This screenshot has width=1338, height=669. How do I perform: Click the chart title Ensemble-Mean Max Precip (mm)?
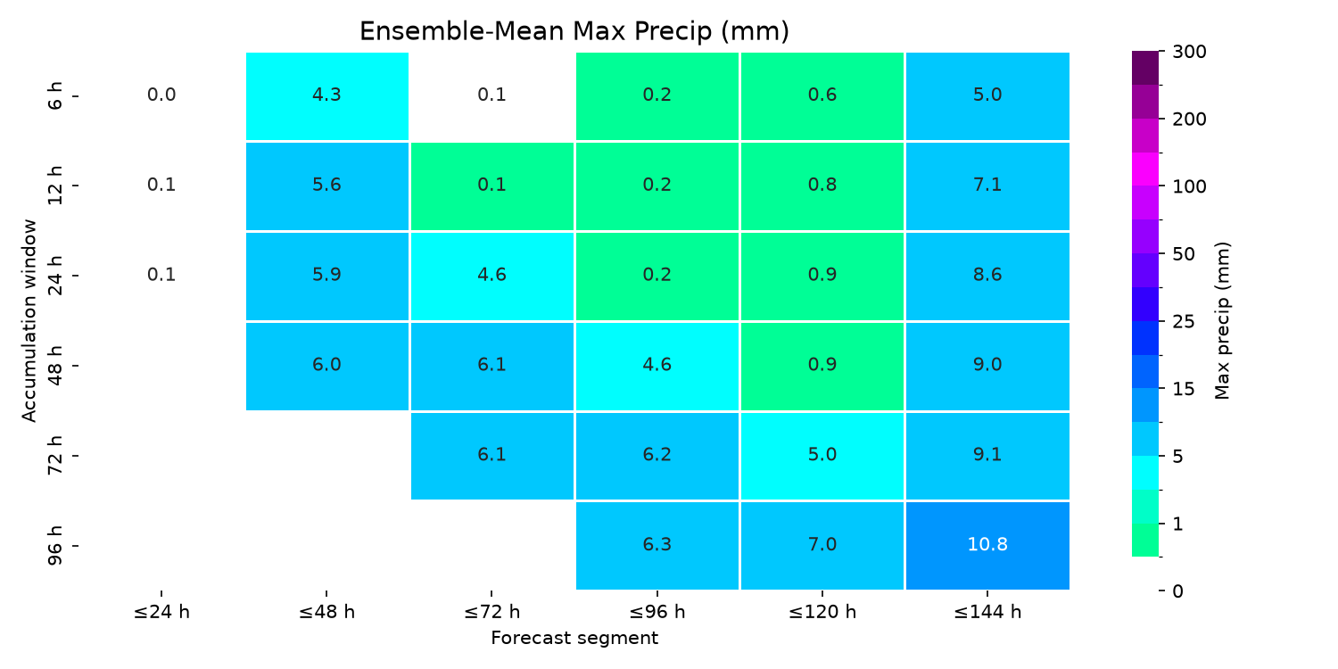coord(574,31)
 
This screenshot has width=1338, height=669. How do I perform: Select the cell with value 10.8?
coord(987,545)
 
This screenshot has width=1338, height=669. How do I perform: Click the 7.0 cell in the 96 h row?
coord(822,545)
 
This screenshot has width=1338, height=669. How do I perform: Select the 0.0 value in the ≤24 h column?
coord(161,95)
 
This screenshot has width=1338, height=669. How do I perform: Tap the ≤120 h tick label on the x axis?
coord(822,612)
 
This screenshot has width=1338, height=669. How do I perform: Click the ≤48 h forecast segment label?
coord(326,612)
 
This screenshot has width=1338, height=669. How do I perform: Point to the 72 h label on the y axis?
coord(55,455)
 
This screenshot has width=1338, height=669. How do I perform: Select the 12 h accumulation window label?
coord(55,186)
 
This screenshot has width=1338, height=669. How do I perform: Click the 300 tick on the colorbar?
coord(1189,52)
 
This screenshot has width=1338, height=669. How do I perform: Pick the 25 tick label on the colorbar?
coord(1184,322)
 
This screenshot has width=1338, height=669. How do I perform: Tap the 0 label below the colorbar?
coord(1177,591)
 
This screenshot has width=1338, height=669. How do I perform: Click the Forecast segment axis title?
coord(574,639)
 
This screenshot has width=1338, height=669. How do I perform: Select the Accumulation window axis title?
coord(29,321)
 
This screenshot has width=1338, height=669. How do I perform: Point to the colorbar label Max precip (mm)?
coord(1222,321)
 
